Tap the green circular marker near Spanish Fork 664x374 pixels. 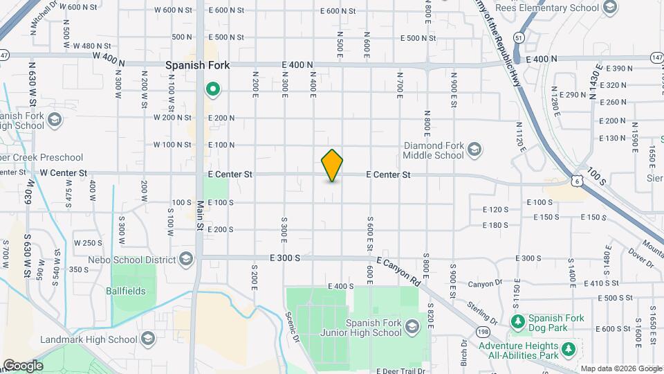(x=214, y=89)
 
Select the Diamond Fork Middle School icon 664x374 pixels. (x=474, y=149)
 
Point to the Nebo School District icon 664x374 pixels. (x=185, y=259)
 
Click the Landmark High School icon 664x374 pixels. (x=147, y=339)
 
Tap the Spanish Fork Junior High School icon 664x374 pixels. (x=412, y=326)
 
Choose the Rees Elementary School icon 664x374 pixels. (x=609, y=8)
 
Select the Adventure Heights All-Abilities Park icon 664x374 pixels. (x=569, y=348)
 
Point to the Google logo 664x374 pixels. (x=23, y=365)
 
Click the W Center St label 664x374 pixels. (x=64, y=172)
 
